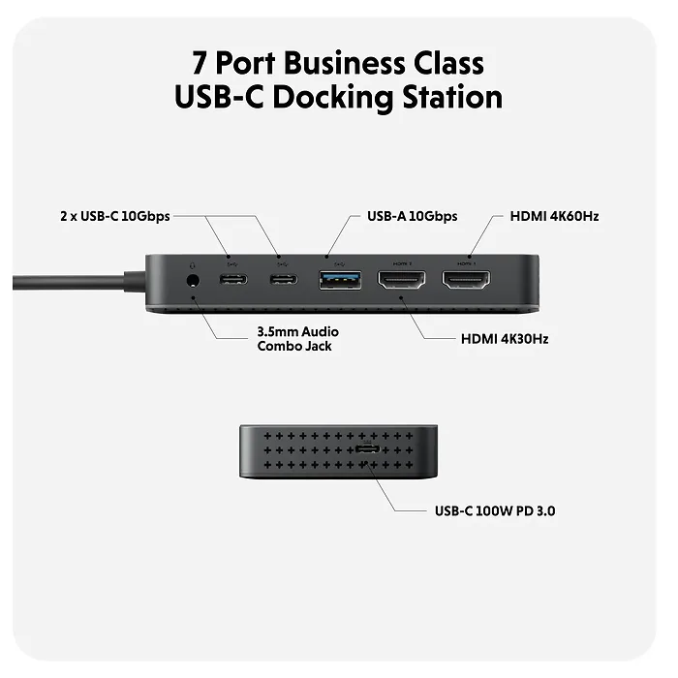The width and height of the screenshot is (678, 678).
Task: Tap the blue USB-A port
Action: [x=339, y=281]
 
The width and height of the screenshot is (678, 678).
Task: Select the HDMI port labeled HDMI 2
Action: [x=401, y=281]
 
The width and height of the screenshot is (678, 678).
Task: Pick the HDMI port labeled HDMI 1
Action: [x=467, y=281]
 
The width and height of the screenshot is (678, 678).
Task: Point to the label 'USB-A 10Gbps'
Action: [x=413, y=216]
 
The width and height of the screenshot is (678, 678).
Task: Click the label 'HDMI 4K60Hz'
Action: [x=554, y=216]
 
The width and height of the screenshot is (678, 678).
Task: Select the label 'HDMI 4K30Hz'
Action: [x=504, y=339]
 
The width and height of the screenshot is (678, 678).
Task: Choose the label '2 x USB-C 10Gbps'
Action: [x=114, y=216]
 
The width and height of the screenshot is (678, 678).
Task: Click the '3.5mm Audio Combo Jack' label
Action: [x=297, y=338]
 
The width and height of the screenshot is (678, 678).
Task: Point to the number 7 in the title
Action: [x=200, y=63]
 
